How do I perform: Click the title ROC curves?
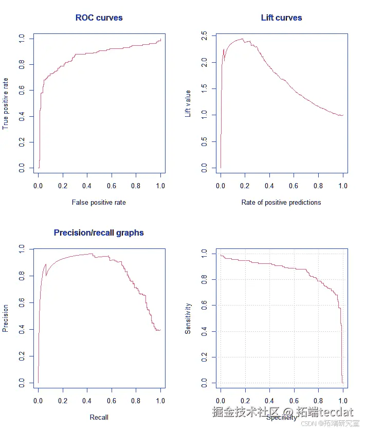click(99, 17)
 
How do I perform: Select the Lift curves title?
click(281, 17)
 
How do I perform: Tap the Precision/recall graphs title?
click(99, 232)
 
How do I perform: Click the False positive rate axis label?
click(99, 202)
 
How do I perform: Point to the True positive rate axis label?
click(6, 103)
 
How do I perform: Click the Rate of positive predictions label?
click(281, 202)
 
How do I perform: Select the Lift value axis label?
click(188, 103)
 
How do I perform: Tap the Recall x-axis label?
click(99, 417)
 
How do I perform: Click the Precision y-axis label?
click(6, 318)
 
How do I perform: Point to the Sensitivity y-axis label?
click(188, 318)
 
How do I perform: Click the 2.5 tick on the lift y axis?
click(205, 35)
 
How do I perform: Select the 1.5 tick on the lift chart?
click(205, 88)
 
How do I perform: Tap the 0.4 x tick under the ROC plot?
click(87, 185)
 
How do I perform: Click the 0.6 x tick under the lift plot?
click(294, 185)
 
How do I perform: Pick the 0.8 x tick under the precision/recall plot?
click(136, 400)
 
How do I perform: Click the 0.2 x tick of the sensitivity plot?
click(245, 400)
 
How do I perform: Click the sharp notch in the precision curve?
click(46, 275)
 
